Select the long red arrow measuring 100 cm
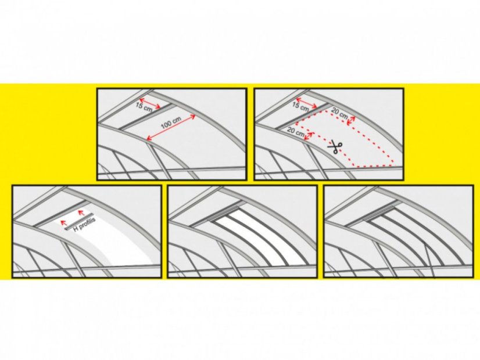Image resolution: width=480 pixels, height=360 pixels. [171, 128]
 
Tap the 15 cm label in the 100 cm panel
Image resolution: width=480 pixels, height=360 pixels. [144, 107]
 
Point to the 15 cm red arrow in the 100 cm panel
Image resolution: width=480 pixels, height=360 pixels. [150, 103]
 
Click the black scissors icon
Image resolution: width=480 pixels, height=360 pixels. [335, 147]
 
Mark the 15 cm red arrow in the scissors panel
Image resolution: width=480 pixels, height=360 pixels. [307, 103]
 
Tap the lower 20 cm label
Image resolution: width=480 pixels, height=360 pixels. [296, 132]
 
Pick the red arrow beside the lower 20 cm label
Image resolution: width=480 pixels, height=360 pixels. [309, 136]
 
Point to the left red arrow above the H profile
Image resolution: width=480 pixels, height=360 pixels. [63, 222]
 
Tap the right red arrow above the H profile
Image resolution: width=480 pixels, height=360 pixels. [81, 212]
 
